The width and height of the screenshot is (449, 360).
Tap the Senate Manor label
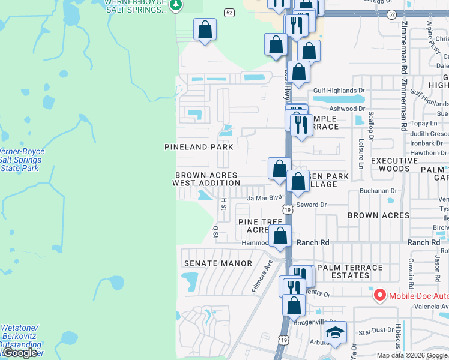209,263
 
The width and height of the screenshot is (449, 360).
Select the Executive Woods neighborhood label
394,165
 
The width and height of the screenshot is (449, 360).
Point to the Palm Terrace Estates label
350,271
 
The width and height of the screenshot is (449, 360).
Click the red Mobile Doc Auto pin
379,295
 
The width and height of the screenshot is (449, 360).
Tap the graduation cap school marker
335,332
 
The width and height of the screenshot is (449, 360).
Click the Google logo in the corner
20,353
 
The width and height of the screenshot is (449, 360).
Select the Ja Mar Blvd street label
264,197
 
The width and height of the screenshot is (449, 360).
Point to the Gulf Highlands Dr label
339,91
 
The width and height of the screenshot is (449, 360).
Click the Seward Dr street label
311,205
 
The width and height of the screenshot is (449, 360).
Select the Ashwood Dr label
347,109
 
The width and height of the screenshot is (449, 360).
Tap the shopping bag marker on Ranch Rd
280,236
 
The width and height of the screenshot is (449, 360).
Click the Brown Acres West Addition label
206,179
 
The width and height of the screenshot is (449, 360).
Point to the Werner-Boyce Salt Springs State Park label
21,160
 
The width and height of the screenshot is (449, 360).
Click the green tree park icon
175,5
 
